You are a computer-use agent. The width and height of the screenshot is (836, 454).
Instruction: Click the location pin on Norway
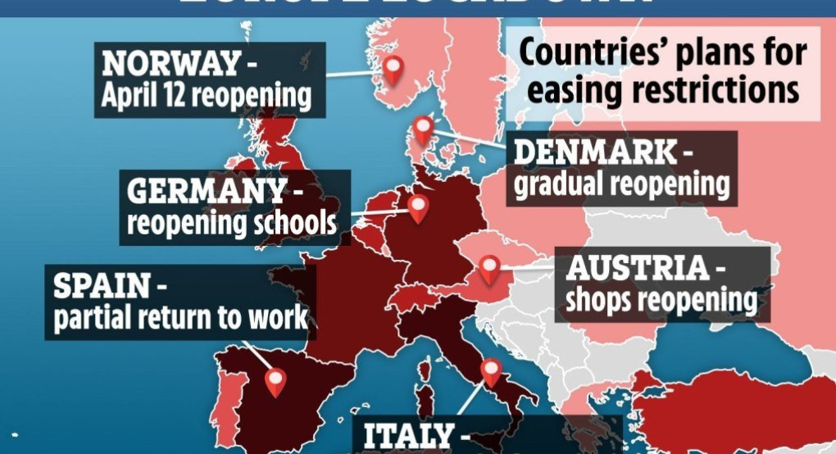click(x=394, y=69)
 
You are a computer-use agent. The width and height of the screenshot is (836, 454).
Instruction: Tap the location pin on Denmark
click(x=423, y=129)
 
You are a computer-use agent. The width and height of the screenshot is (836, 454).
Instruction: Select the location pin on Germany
click(x=419, y=207)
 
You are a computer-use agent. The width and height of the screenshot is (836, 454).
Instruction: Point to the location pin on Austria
click(x=490, y=268)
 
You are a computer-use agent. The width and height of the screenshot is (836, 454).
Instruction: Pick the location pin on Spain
click(x=275, y=380)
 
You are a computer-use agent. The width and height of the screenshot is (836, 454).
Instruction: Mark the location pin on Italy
click(x=491, y=372)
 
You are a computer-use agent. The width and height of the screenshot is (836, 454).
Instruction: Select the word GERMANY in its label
click(x=206, y=191)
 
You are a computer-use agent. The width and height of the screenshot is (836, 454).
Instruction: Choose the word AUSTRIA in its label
click(x=636, y=268)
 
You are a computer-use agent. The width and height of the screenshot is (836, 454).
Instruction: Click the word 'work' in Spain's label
click(x=278, y=318)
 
